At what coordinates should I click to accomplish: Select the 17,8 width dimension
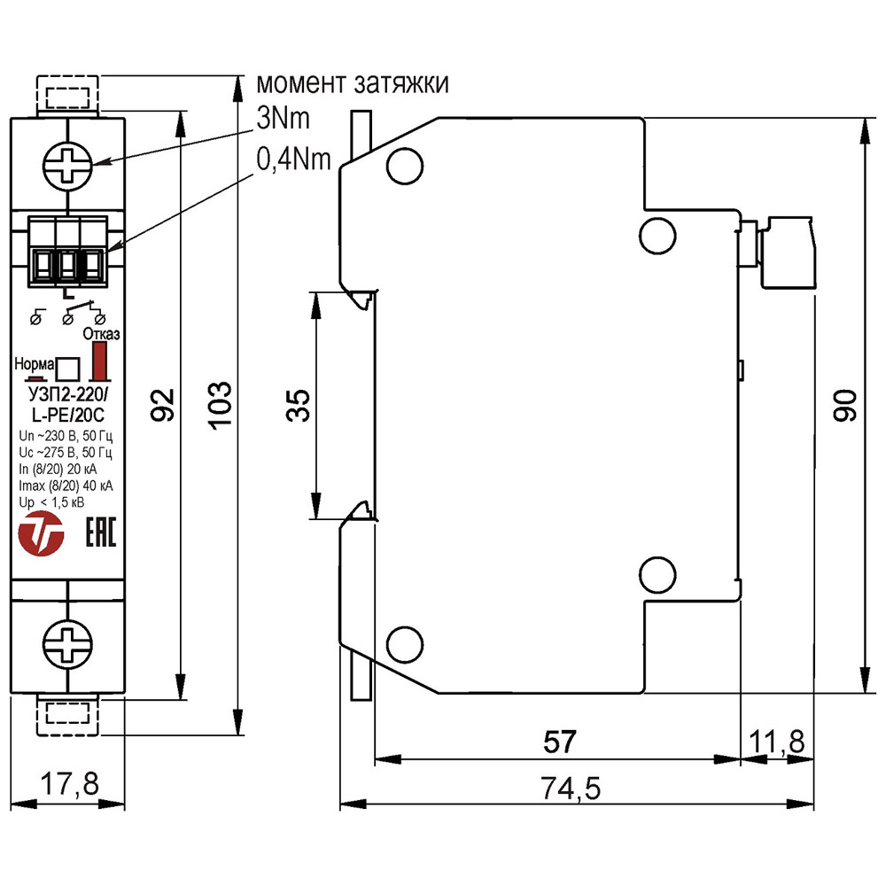[68, 784]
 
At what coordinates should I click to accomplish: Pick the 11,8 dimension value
[778, 741]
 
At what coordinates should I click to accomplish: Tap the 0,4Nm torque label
[293, 159]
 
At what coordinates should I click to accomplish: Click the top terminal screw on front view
[68, 164]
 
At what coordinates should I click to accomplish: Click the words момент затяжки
[352, 84]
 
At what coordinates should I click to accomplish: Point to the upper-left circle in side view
[401, 164]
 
